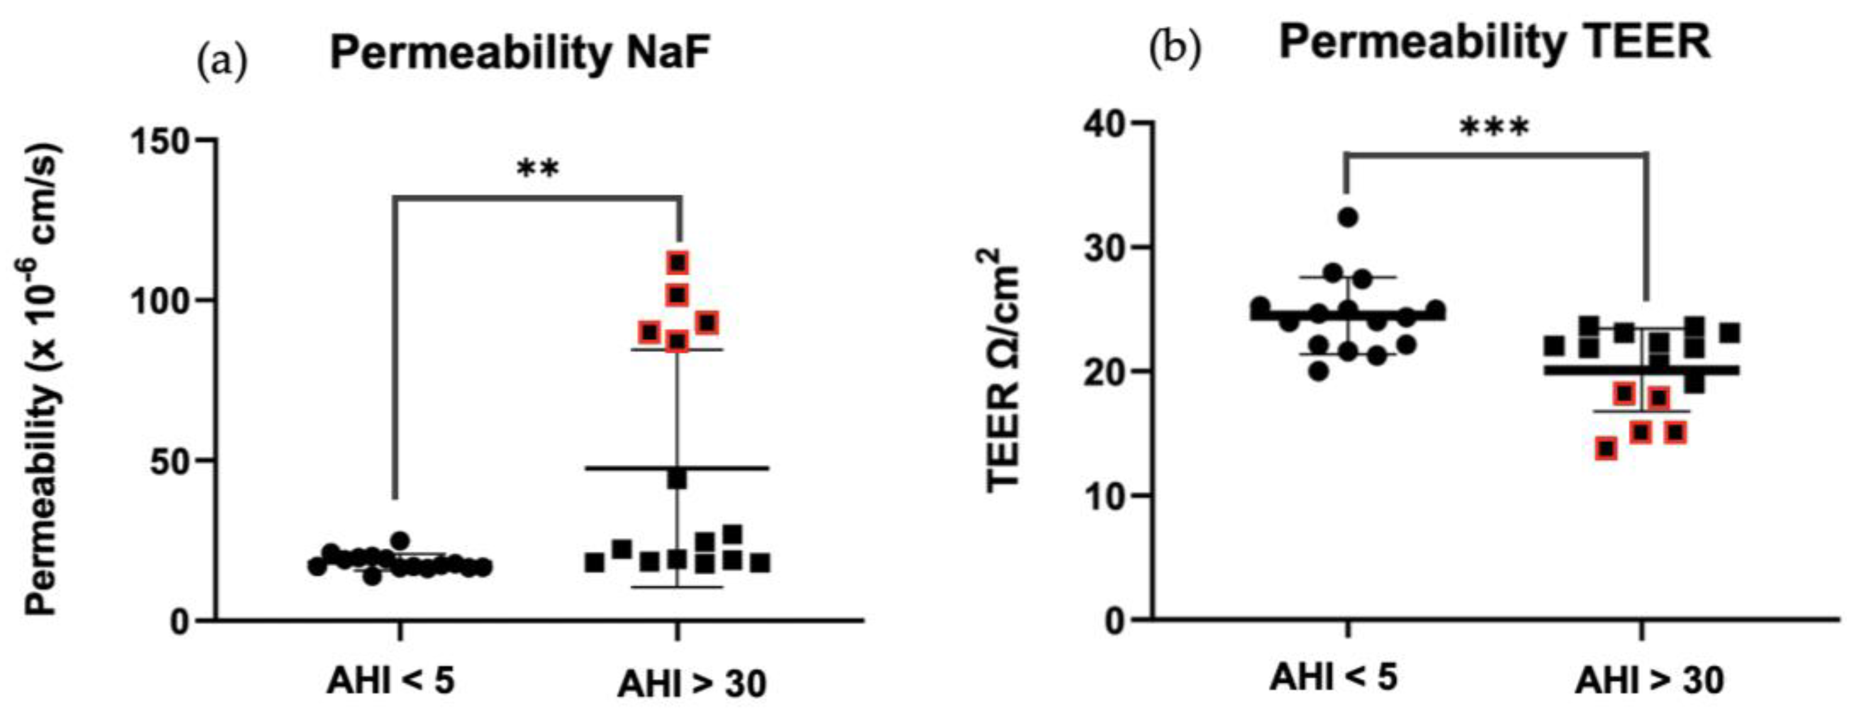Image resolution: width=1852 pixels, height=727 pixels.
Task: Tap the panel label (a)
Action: coord(221,62)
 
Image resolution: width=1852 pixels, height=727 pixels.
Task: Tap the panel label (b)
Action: coord(1175,50)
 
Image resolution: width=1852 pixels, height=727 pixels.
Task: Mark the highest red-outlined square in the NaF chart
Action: coord(677,263)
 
